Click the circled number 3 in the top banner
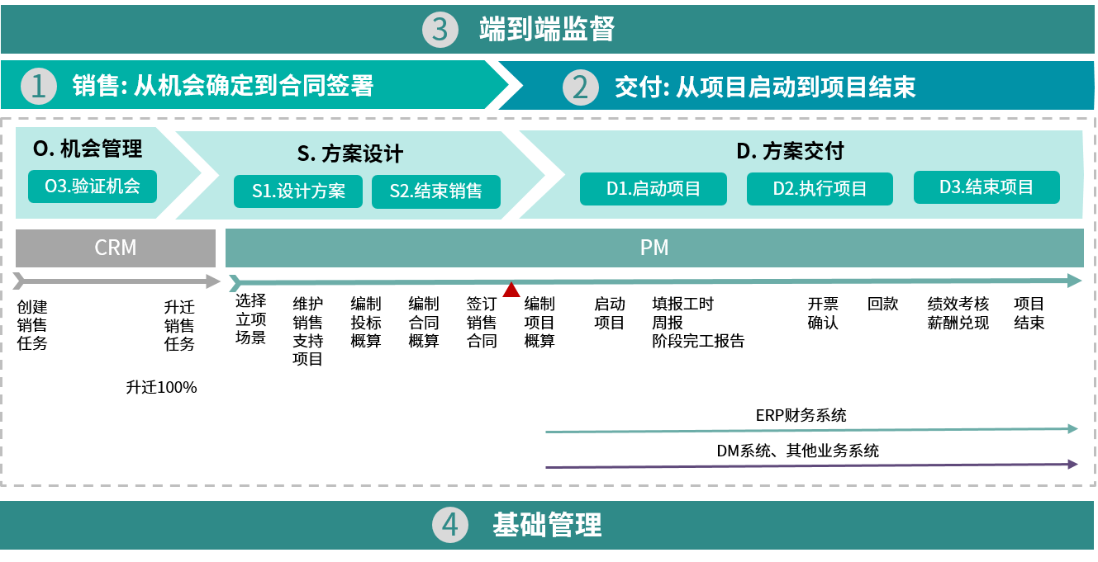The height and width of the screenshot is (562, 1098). coord(440,30)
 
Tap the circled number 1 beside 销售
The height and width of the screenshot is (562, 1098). coord(38,86)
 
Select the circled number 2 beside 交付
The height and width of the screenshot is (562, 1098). coord(580,87)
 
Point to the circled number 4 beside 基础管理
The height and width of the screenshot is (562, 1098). coord(449,525)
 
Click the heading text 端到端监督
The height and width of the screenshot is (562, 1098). coord(547,30)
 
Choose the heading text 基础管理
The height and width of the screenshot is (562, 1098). coord(547,525)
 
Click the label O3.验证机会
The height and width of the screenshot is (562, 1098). coord(93,186)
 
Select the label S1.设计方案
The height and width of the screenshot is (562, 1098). coord(298,191)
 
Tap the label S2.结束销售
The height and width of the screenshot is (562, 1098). coord(435,191)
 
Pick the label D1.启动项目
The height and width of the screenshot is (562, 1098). coord(653,188)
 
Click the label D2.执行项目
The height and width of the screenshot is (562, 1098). coord(820,188)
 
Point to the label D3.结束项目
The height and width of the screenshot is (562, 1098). coord(986,187)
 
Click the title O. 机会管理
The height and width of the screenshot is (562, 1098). coord(88,149)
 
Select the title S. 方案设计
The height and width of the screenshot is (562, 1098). coord(350,153)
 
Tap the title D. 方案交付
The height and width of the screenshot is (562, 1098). coord(790,151)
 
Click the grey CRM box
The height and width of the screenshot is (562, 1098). coord(116,248)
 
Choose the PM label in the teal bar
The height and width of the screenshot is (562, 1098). coord(654,248)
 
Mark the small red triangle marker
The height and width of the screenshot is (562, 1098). coord(511,290)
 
